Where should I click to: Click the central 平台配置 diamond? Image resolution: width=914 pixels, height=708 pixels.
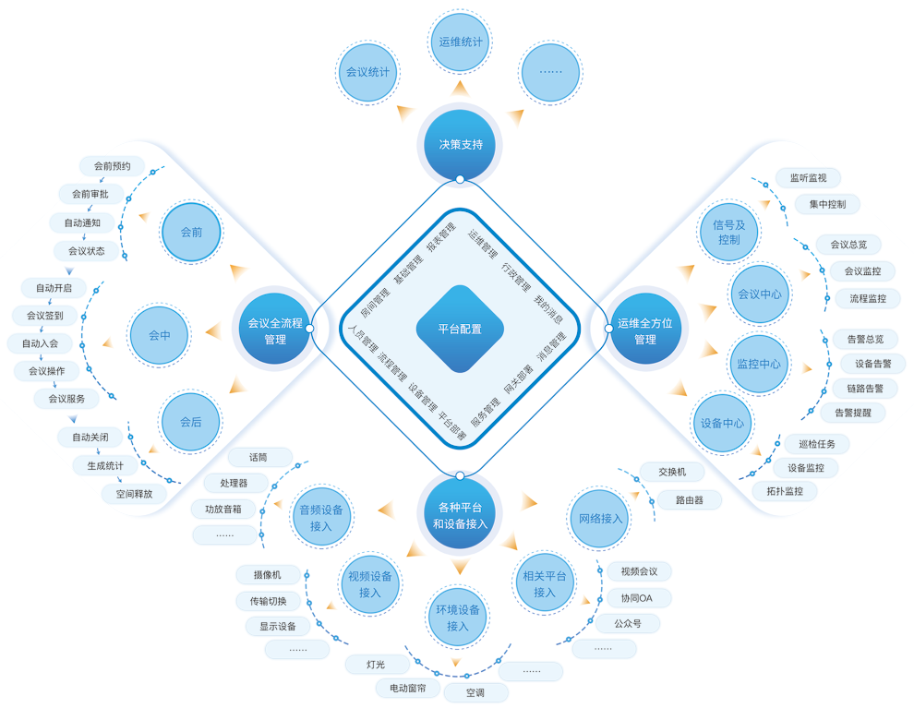[459, 329]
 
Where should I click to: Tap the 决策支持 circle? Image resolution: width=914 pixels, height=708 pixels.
[460, 144]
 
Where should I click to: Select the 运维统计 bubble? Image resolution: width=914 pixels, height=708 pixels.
[461, 42]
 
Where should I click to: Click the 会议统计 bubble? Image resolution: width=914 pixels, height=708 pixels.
[367, 71]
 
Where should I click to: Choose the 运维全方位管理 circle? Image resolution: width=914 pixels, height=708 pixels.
[644, 330]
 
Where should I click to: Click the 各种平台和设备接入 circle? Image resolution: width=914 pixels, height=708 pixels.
[460, 515]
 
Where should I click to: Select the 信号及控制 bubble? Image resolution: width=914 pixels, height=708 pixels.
[728, 232]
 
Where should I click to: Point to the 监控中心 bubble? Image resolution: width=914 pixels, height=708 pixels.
[758, 364]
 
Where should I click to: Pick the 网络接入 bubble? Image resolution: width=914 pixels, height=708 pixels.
[600, 519]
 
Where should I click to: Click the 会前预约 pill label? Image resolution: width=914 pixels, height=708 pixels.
[112, 167]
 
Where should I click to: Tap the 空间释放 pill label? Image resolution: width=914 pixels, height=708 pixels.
[134, 494]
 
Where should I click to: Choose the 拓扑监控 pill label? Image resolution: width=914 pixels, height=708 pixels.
[785, 491]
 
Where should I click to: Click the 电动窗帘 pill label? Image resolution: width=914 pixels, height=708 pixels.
[407, 688]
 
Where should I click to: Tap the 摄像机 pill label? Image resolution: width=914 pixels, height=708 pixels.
[266, 574]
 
